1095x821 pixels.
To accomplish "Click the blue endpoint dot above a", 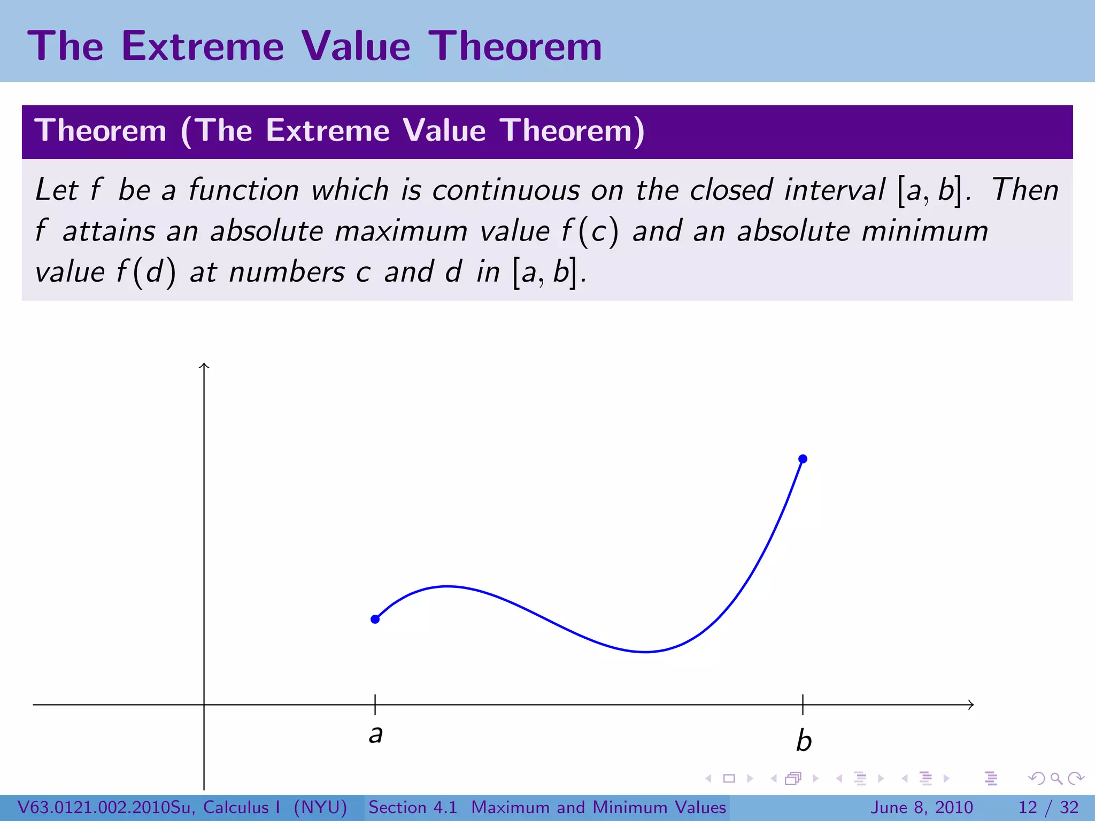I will pyautogui.click(x=375, y=619).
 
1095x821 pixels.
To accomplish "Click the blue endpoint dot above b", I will pyautogui.click(x=803, y=459).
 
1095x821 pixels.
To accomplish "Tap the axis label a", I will pyautogui.click(x=376, y=734).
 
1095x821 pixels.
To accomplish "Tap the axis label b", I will pyautogui.click(x=804, y=740).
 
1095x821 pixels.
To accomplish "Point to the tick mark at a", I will pyautogui.click(x=375, y=704).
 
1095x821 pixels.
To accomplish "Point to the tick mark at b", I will pyautogui.click(x=803, y=704).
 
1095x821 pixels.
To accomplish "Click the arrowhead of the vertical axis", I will pyautogui.click(x=204, y=366).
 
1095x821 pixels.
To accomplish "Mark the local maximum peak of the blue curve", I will pyautogui.click(x=448, y=586).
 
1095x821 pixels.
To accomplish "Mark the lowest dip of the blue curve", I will pyautogui.click(x=645, y=652).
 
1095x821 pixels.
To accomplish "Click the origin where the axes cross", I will pyautogui.click(x=204, y=704).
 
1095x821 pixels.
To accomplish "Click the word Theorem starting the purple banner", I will pyautogui.click(x=101, y=130).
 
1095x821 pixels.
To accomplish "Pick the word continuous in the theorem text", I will pyautogui.click(x=506, y=190).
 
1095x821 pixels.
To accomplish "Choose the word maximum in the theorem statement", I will pyautogui.click(x=400, y=231).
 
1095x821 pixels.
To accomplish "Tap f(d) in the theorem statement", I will pyautogui.click(x=146, y=272).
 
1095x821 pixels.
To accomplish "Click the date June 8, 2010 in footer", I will pyautogui.click(x=922, y=807).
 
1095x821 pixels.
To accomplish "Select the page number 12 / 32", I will pyautogui.click(x=1048, y=807).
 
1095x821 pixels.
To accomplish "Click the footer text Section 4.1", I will pyautogui.click(x=413, y=807).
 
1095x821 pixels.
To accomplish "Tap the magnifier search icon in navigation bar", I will pyautogui.click(x=1056, y=778).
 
